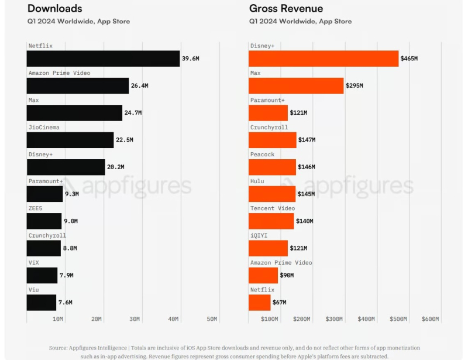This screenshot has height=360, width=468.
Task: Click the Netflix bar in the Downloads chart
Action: click(x=103, y=59)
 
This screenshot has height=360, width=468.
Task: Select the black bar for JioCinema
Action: click(x=70, y=140)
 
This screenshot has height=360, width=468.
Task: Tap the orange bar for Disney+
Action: click(x=323, y=59)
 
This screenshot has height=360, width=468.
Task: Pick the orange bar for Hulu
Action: click(x=272, y=194)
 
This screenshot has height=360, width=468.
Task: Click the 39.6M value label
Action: click(x=190, y=59)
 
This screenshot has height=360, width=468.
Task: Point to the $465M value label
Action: click(x=409, y=59)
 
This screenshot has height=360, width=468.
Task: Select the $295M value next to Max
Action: click(x=354, y=86)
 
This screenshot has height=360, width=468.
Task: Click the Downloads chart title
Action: click(x=54, y=8)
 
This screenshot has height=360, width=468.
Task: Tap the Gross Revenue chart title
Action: click(x=286, y=8)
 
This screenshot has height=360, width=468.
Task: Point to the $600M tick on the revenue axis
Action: click(x=430, y=319)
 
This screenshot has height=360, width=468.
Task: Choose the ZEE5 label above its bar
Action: click(x=35, y=208)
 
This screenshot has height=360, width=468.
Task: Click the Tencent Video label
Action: click(x=273, y=208)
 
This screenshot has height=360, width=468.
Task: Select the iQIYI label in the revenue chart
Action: click(x=259, y=235)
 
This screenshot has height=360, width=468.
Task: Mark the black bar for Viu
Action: click(x=42, y=302)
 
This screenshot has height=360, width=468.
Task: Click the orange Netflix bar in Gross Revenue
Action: click(x=260, y=302)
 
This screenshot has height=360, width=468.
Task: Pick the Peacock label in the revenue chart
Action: click(x=262, y=155)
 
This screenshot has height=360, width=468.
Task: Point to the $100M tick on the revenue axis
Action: click(x=269, y=319)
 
